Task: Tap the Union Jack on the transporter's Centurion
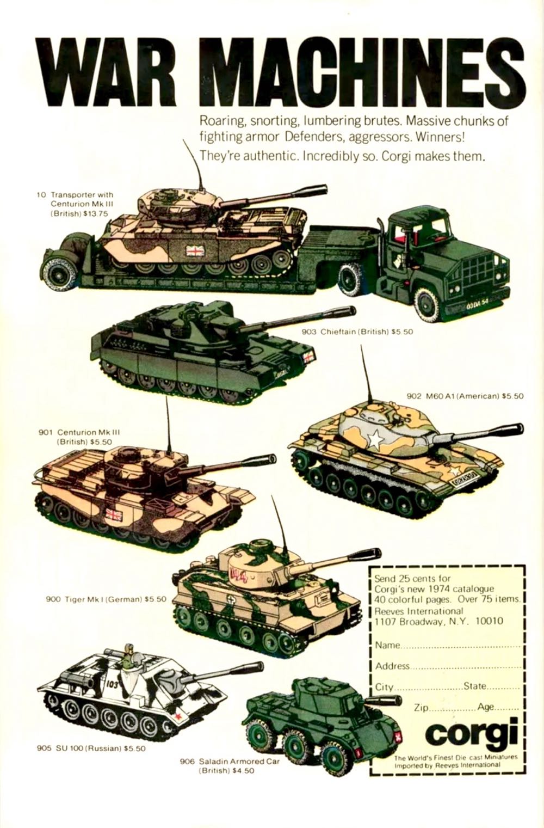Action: [x=194, y=250]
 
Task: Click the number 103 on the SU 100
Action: [x=112, y=684]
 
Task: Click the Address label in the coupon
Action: [x=392, y=666]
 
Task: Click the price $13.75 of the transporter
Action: [x=96, y=213]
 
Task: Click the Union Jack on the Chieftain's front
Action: [x=308, y=357]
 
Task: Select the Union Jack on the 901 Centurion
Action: [x=114, y=514]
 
